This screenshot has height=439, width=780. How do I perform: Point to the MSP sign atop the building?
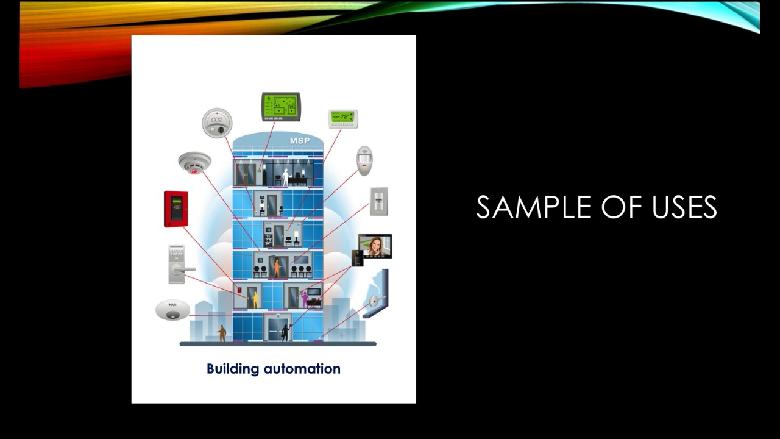click(300, 141)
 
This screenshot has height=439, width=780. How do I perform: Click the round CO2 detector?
click(217, 123)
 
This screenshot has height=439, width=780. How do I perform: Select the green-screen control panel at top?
click(281, 107)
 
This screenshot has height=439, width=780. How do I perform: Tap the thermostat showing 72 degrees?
click(343, 118)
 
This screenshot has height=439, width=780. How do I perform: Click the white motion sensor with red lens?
click(364, 160)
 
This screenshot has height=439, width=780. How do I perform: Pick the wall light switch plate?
click(378, 201)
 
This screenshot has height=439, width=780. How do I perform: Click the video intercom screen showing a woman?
click(375, 246)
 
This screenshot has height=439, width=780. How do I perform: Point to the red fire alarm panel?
click(175, 209)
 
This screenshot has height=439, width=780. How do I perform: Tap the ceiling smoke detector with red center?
click(194, 163)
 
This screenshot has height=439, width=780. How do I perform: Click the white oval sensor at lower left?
click(172, 310)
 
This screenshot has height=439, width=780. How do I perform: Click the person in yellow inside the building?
click(255, 299)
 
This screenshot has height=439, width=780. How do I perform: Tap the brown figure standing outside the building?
click(222, 333)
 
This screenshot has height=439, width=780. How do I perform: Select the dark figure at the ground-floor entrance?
click(284, 332)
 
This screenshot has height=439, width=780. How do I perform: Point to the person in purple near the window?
click(305, 298)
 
